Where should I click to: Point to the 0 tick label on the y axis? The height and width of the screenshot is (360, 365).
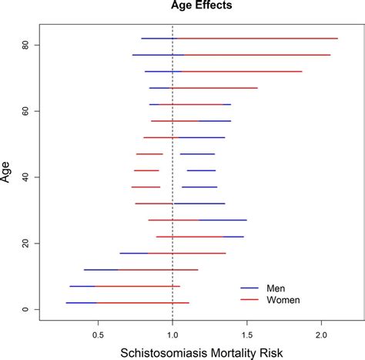point(25,309)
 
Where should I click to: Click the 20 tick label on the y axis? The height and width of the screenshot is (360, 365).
point(25,243)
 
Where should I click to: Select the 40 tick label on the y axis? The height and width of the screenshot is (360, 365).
point(25,177)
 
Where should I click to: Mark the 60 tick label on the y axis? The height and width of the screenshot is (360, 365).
point(25,111)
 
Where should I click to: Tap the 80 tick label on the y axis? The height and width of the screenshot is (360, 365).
point(25,45)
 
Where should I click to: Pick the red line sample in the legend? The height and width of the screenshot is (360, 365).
point(249,300)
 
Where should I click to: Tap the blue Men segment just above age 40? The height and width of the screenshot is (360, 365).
point(201,170)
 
